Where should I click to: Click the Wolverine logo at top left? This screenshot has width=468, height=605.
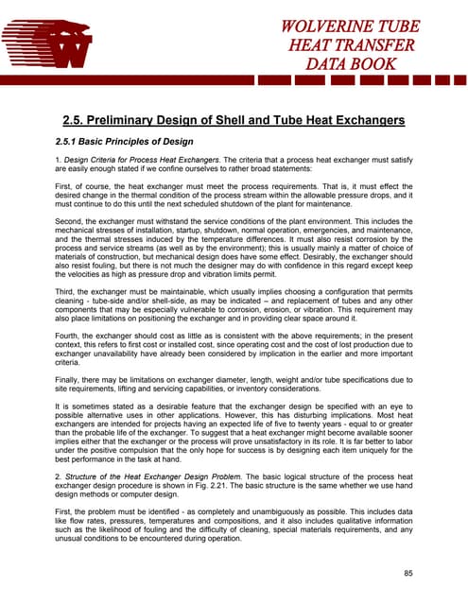click(47, 43)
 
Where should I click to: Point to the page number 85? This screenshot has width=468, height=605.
click(408, 573)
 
